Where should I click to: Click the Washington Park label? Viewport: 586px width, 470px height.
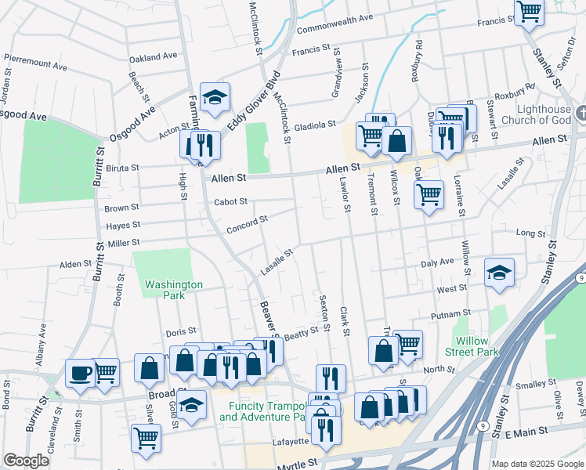(174, 290)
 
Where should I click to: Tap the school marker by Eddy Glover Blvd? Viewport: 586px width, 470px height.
(214, 97)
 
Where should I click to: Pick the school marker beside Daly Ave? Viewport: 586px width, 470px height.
(499, 273)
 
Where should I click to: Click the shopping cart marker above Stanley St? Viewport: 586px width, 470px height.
(530, 11)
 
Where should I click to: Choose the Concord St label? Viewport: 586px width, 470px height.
(247, 224)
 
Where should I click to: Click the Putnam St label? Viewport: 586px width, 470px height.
(449, 315)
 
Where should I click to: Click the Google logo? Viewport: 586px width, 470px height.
(26, 461)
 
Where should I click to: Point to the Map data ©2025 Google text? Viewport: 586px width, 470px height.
(537, 464)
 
